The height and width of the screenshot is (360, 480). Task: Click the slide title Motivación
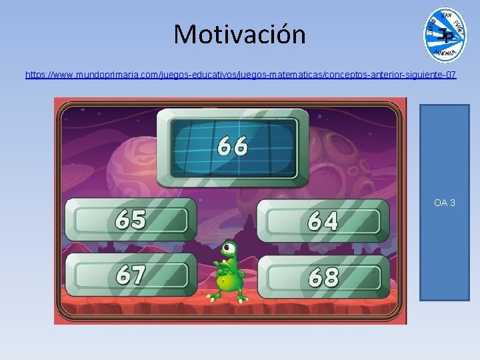[x=239, y=34]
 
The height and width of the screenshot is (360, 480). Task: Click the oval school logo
[x=445, y=35]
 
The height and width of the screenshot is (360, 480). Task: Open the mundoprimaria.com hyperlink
[x=241, y=75]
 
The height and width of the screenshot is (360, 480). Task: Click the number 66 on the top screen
[x=233, y=145]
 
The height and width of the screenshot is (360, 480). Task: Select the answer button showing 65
[x=131, y=219]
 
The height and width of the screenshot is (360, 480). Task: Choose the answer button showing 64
[x=323, y=221]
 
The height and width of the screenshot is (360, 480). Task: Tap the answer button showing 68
[x=323, y=277]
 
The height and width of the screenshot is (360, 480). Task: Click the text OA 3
[x=445, y=202]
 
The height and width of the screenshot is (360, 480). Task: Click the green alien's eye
[x=230, y=251]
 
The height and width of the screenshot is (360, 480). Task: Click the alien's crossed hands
[x=223, y=270]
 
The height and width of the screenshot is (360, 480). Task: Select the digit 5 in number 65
[x=139, y=219]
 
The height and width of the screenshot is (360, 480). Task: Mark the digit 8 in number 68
[x=331, y=277]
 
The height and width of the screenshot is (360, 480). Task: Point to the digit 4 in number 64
[x=331, y=221]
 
